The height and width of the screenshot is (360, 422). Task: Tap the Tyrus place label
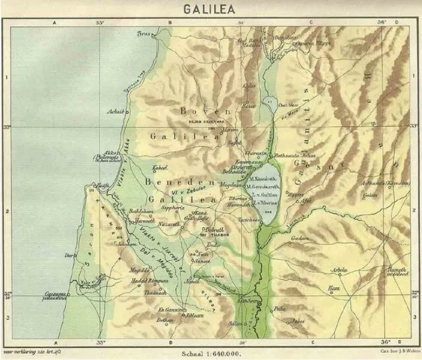143,34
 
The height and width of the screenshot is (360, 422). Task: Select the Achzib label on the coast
113,111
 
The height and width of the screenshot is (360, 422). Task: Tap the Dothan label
164,320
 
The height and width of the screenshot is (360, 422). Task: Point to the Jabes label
297,321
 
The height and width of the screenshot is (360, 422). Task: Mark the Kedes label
249,86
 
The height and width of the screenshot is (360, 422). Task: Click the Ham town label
334,289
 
